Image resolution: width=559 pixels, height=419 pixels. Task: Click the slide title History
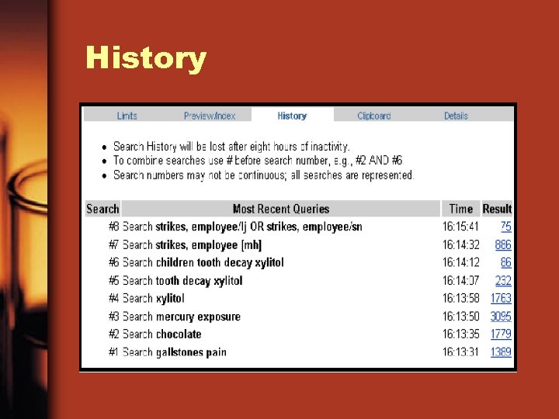pyautogui.click(x=146, y=58)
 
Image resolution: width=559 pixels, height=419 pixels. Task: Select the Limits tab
pyautogui.click(x=127, y=116)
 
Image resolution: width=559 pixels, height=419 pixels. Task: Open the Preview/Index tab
pyautogui.click(x=209, y=116)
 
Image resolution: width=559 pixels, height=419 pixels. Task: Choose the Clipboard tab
pyautogui.click(x=373, y=116)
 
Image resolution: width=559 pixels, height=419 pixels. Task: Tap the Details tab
pyautogui.click(x=456, y=116)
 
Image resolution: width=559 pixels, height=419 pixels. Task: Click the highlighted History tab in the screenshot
pyautogui.click(x=292, y=116)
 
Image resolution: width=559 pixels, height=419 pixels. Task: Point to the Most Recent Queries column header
pyautogui.click(x=281, y=209)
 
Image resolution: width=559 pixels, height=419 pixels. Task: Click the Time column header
pyautogui.click(x=460, y=209)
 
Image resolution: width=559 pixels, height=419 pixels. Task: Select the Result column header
pyautogui.click(x=497, y=209)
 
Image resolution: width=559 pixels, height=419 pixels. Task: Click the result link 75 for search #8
pyautogui.click(x=505, y=227)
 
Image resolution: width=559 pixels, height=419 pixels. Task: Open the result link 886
pyautogui.click(x=503, y=244)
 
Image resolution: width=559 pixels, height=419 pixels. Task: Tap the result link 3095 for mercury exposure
pyautogui.click(x=501, y=317)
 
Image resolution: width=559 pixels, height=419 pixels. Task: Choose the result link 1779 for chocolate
pyautogui.click(x=501, y=334)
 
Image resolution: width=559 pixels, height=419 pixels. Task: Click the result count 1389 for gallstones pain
pyautogui.click(x=501, y=352)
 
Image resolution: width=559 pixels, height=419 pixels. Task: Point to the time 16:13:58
pyautogui.click(x=461, y=298)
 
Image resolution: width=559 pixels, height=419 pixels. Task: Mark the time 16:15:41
pyautogui.click(x=461, y=227)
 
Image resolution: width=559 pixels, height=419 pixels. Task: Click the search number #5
pyautogui.click(x=114, y=281)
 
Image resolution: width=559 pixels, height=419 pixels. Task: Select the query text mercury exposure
pyautogui.click(x=198, y=317)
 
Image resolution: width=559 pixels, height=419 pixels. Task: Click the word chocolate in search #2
pyautogui.click(x=179, y=334)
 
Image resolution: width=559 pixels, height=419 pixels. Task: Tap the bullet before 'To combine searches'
pyautogui.click(x=105, y=161)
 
